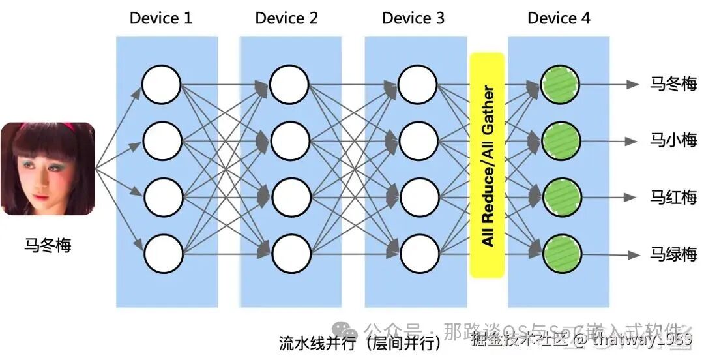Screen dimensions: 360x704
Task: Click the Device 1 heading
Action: (161, 18)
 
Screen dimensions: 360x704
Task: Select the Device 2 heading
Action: (287, 18)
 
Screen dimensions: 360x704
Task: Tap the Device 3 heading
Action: (413, 18)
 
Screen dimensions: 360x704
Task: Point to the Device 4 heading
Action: (559, 18)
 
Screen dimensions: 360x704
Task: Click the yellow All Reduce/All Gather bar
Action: (487, 165)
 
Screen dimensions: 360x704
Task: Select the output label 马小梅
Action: (673, 140)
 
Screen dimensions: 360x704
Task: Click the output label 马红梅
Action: (673, 197)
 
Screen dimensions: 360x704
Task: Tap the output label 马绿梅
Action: (673, 254)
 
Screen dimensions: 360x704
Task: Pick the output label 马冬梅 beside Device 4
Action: (673, 84)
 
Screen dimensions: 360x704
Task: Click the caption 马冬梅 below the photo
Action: (48, 247)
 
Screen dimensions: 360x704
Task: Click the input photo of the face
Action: (48, 169)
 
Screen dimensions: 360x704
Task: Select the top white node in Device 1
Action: (162, 84)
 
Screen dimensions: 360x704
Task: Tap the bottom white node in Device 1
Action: (162, 254)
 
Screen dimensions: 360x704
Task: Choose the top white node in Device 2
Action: (289, 84)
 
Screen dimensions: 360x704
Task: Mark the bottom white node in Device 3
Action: (418, 254)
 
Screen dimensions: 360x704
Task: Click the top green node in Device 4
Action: (560, 84)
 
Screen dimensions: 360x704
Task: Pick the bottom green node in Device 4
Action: (560, 254)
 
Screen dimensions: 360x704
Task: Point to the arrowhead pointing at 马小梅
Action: (630, 140)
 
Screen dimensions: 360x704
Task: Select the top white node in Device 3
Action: (418, 84)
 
